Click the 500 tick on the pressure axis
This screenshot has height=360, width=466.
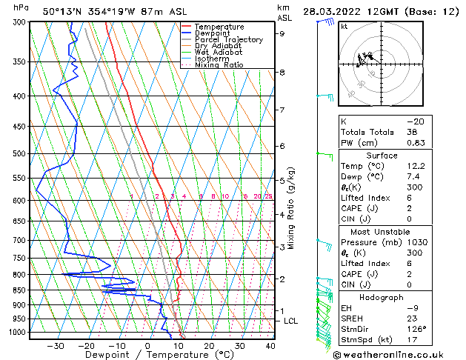tap(17, 154)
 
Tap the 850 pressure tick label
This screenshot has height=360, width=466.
tap(17, 290)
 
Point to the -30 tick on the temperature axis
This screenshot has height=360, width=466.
tap(56, 345)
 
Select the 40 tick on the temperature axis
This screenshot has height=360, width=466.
tap(270, 345)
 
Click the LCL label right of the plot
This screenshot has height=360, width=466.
tap(291, 321)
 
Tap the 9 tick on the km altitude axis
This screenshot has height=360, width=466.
tap(282, 33)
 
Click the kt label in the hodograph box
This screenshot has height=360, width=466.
tap(344, 26)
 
